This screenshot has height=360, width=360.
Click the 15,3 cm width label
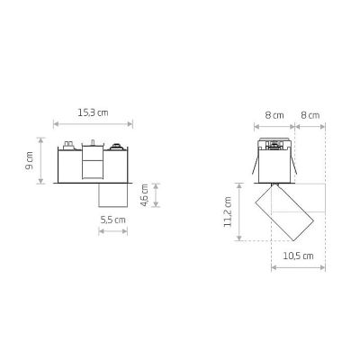click(93, 112)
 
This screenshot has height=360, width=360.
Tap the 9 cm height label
click(30, 160)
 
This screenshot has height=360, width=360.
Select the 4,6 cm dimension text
click(145, 195)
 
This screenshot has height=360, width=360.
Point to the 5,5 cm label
click(112, 220)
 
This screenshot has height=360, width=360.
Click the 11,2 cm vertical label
click(228, 211)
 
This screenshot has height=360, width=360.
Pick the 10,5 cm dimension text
click(298, 256)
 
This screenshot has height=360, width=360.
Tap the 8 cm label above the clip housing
click(274, 115)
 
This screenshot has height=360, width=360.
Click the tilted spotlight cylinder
click(284, 212)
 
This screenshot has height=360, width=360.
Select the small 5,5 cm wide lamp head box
click(113, 195)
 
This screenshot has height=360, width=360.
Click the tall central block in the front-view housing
click(93, 162)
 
